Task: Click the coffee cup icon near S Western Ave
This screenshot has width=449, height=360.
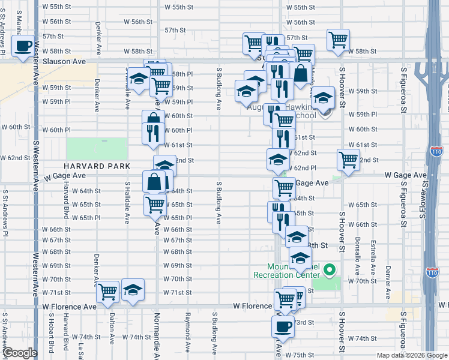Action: pos(23,46)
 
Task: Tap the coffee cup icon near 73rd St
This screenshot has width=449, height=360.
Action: pos(283,327)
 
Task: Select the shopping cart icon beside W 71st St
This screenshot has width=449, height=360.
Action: pos(108,292)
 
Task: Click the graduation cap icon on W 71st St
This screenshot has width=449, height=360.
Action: pos(133,290)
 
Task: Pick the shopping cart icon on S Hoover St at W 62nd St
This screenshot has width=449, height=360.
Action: pos(348,160)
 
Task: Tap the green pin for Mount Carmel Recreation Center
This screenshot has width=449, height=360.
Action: pos(329,271)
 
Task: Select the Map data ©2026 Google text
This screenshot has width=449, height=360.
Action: pos(411,355)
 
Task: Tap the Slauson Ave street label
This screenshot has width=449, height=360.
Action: pos(64,61)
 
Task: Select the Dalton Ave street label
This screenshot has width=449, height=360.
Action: pos(112,329)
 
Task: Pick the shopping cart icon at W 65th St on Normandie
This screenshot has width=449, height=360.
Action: pos(155,205)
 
